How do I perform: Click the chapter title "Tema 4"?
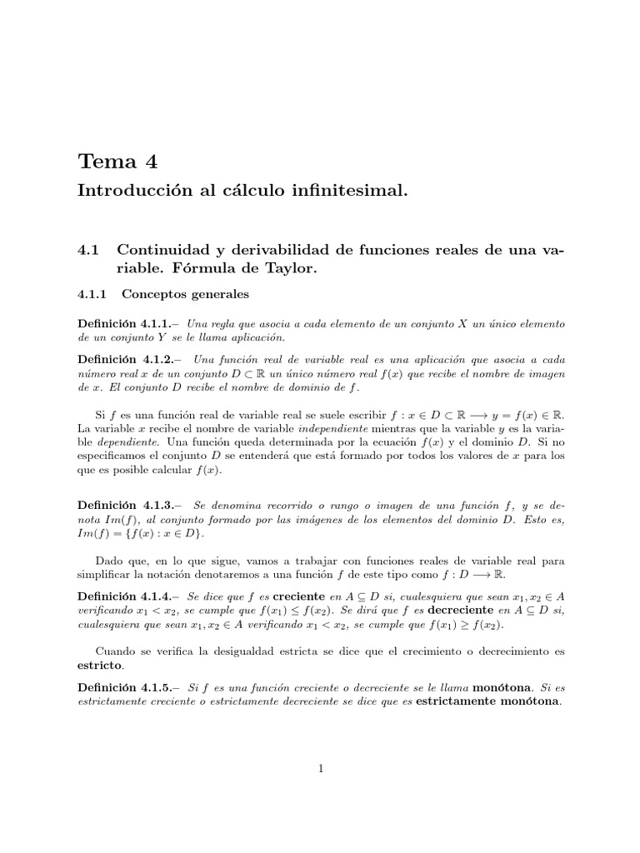pos(116,161)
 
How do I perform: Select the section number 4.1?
pos(87,249)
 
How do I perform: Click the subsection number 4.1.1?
pos(92,294)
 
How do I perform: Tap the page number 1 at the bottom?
pos(320,769)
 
